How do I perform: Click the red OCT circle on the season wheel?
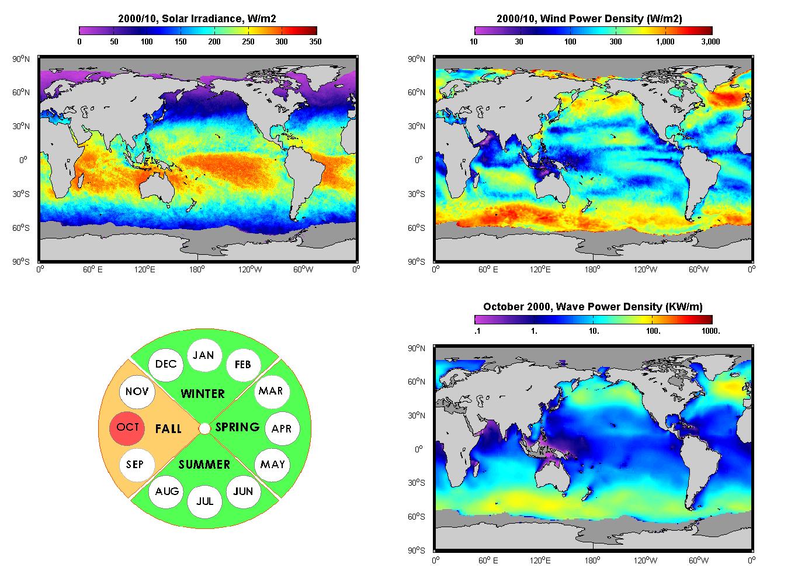127,428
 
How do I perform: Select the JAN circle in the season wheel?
204,355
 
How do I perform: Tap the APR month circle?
282,428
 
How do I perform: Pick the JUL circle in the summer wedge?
205,501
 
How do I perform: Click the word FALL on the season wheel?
168,428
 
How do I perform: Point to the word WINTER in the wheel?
203,393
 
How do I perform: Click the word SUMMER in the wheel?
204,464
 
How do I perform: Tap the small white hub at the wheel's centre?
204,428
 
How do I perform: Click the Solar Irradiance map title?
197,18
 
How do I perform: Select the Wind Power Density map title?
589,18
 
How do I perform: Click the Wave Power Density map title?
592,307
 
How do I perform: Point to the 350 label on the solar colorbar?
315,41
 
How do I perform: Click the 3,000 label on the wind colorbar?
710,41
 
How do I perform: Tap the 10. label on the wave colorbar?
594,331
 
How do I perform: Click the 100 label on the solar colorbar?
147,41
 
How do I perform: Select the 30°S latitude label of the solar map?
21,194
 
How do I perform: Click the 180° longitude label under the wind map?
592,269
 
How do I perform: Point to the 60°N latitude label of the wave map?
417,381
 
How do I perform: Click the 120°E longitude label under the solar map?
144,269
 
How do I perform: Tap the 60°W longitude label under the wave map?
699,560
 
